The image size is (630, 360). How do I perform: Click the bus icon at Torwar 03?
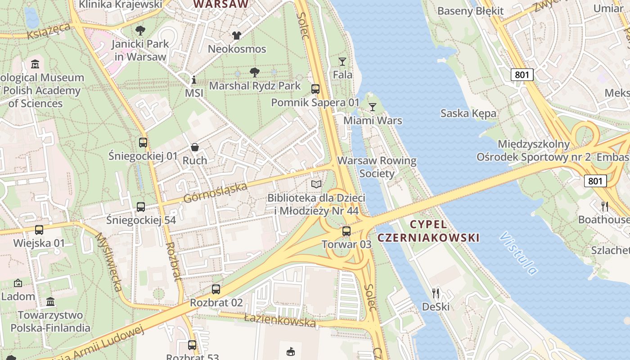346,231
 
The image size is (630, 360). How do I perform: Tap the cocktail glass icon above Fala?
342,62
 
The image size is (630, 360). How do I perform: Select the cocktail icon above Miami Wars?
372,107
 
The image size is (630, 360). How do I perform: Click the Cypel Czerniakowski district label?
428,231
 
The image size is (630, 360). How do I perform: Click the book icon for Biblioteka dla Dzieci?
316,184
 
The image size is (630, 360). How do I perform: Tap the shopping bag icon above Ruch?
195,147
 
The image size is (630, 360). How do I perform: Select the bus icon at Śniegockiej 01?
143,143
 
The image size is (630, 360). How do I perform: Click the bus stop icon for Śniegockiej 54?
141,207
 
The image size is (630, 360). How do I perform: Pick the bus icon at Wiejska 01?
39,230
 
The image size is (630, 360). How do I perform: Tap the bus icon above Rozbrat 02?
216,289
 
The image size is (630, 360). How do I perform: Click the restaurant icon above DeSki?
435,293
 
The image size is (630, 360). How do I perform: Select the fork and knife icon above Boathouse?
605,207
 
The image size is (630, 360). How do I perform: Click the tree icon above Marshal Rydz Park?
255,72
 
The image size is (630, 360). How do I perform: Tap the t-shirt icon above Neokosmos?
237,35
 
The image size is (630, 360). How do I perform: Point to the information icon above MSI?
194,80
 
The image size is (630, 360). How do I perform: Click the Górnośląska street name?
216,193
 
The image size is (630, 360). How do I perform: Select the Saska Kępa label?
468,113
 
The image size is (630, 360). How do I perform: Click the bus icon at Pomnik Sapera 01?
315,89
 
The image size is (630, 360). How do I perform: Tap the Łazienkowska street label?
280,320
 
